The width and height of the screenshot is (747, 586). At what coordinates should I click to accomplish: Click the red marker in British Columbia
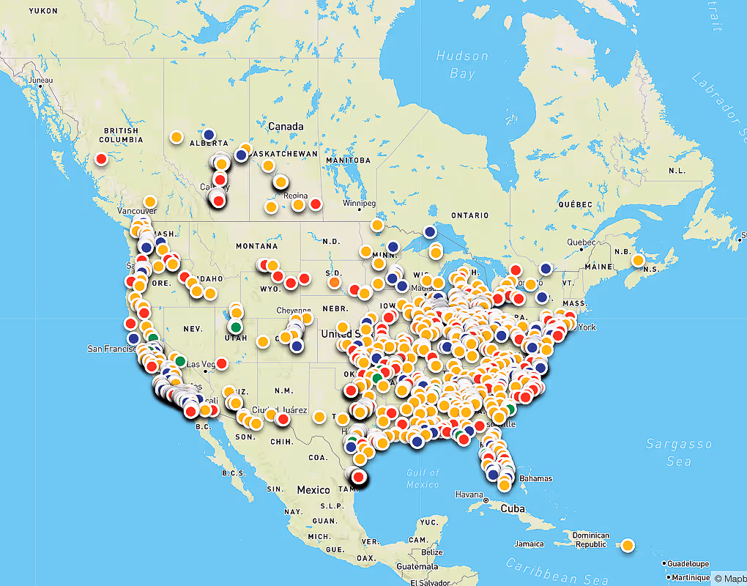point(101,158)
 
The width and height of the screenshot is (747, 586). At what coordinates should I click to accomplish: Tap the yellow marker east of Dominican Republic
point(628,545)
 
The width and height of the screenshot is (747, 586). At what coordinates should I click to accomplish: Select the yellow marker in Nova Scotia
point(638,260)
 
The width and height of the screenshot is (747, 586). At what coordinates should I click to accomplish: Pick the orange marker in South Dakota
point(335,281)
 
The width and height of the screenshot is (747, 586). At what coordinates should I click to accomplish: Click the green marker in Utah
point(235,326)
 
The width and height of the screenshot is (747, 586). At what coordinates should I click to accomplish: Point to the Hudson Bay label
point(462,64)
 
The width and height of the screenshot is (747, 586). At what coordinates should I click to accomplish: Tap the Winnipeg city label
point(359,203)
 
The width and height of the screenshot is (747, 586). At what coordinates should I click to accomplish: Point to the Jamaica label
point(529,544)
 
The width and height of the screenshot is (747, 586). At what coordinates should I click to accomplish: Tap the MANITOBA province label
point(349,160)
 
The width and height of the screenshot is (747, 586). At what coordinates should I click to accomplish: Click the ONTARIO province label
point(469,215)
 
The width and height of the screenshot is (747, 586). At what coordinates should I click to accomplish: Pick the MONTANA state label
point(257,246)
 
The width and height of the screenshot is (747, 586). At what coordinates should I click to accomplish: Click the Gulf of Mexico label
point(422,479)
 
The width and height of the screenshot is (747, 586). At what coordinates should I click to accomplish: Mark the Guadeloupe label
point(688,563)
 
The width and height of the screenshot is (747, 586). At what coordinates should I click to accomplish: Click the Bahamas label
point(535,478)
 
